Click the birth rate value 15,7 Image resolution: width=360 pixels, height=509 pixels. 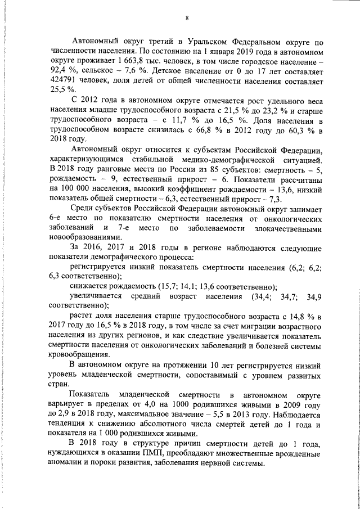[x=168, y=286]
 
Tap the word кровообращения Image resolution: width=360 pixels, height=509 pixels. [x=83, y=355]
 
